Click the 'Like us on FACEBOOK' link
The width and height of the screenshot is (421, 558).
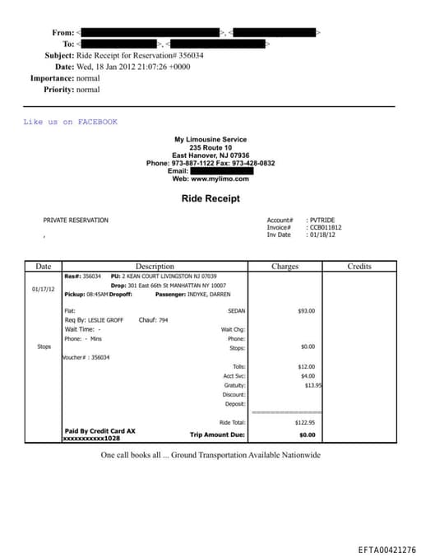click(70, 122)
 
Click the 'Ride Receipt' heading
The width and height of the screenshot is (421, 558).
click(210, 198)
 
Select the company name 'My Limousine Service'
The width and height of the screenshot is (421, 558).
click(210, 140)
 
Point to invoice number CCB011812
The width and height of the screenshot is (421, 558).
click(326, 227)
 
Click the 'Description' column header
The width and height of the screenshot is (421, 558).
click(155, 267)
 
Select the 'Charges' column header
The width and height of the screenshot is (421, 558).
click(285, 267)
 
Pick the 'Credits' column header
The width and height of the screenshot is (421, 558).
click(359, 267)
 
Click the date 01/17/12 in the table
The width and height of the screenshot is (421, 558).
click(43, 290)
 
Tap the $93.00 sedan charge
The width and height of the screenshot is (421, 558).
click(306, 311)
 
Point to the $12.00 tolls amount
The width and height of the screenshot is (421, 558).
click(306, 366)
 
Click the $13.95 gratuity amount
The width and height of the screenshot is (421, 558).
click(312, 385)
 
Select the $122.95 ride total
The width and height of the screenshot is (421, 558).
click(304, 422)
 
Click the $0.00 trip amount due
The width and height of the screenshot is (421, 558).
click(307, 434)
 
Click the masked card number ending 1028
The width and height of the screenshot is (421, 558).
click(91, 439)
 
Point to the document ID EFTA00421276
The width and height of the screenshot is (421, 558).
click(386, 549)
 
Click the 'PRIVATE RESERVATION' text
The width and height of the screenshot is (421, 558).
click(76, 221)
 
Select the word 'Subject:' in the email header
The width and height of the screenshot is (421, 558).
click(59, 55)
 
